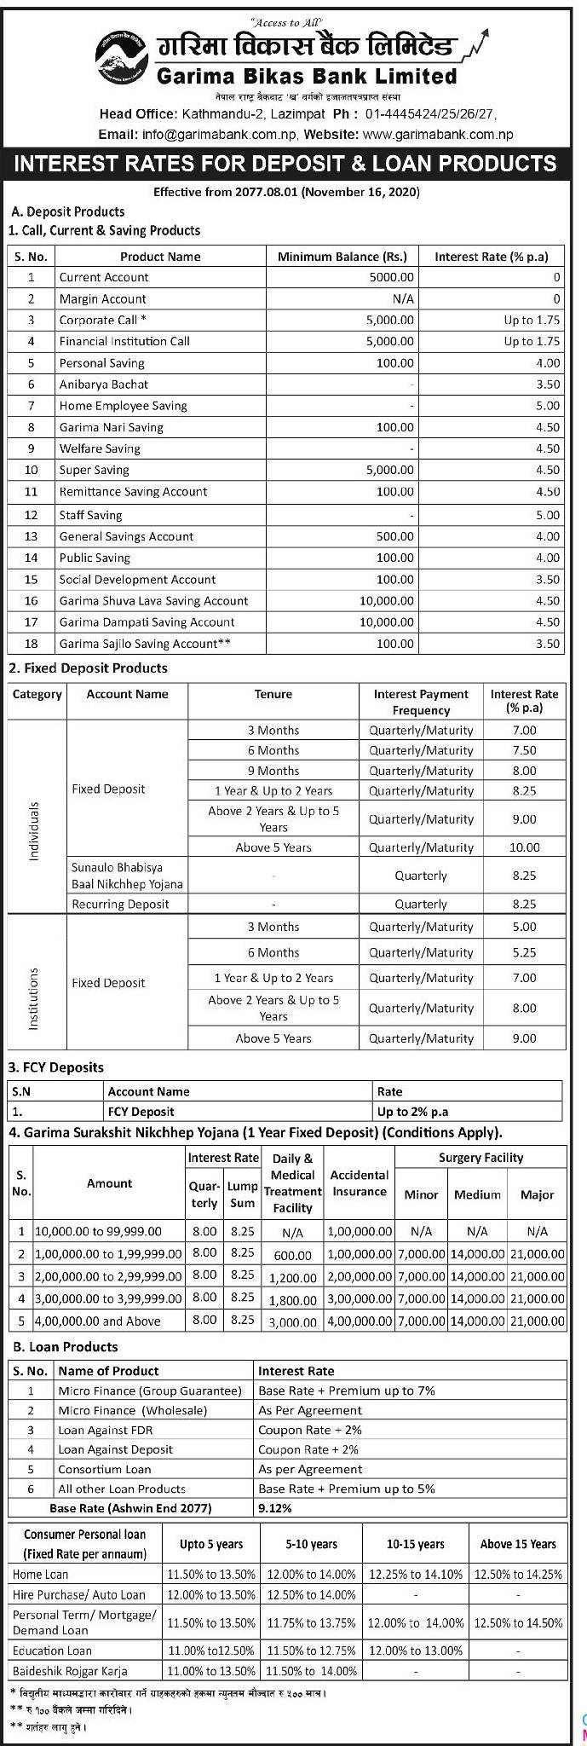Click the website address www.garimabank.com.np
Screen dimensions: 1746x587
click(x=438, y=134)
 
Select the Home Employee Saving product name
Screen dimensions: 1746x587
click(x=123, y=406)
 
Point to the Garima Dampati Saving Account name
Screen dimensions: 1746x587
click(x=147, y=622)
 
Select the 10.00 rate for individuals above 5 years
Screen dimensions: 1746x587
click(x=525, y=847)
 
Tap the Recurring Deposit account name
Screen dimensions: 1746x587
click(x=120, y=904)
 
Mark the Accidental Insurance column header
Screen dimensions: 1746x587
click(x=360, y=1183)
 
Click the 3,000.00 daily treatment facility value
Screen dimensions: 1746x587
click(x=293, y=1322)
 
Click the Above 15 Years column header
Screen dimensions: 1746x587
click(x=518, y=1544)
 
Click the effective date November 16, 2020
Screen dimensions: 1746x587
click(x=370, y=193)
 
